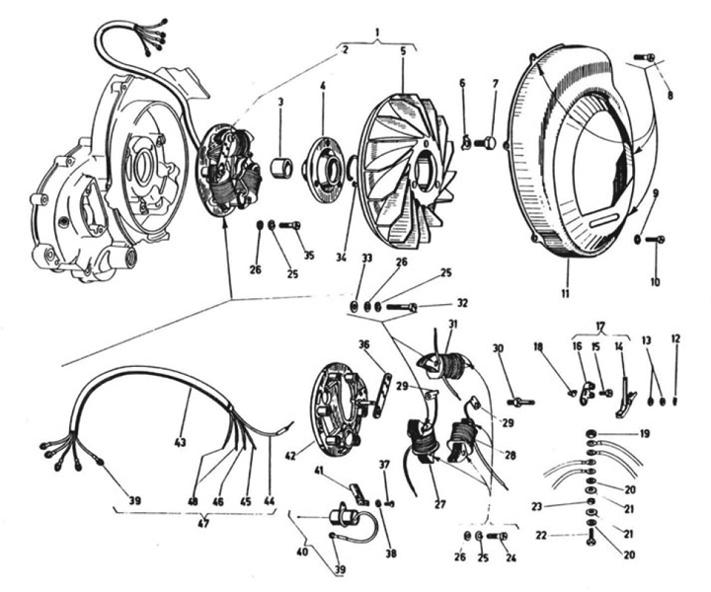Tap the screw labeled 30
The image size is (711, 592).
click(518, 402)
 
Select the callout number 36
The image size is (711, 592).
click(363, 344)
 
